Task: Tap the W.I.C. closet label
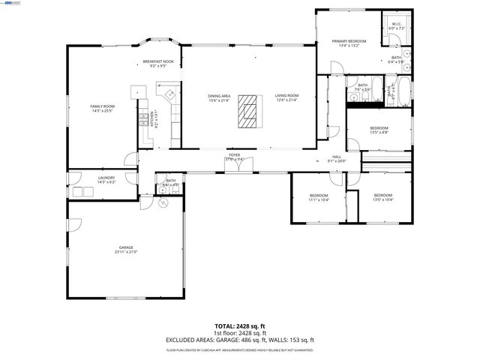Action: [x=397, y=25]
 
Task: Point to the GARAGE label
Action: [x=125, y=248]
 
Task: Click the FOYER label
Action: [x=235, y=156]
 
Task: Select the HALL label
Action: [x=337, y=158]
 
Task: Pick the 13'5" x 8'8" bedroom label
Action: [x=379, y=130]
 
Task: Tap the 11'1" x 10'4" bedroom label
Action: [x=319, y=197]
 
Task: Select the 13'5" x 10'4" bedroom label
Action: [x=382, y=197]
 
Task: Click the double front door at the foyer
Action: [x=238, y=167]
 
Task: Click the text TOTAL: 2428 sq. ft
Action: [x=240, y=326]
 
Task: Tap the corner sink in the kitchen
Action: [x=169, y=94]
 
